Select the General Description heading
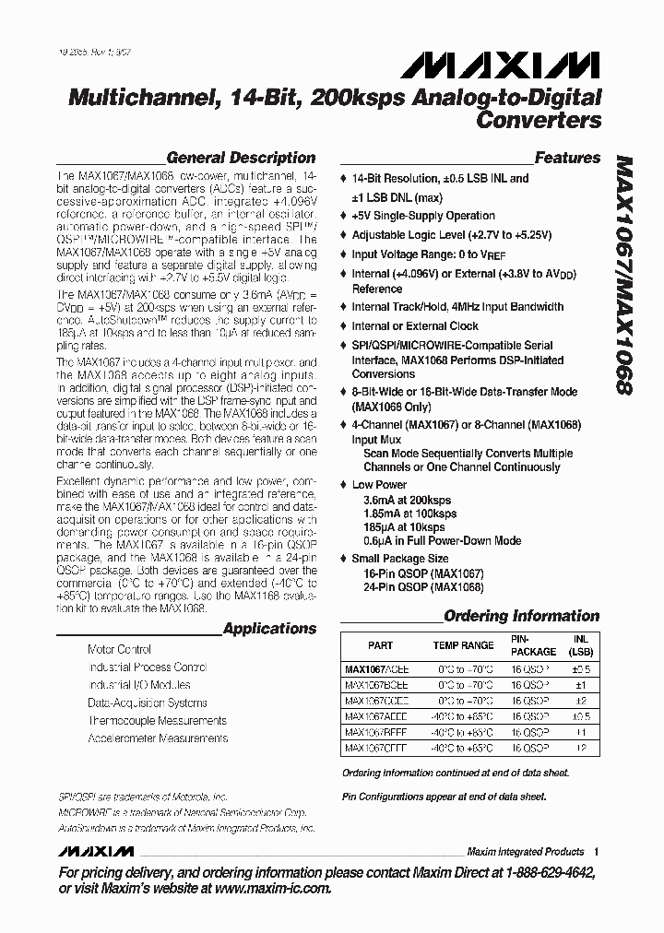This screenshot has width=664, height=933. coord(240,158)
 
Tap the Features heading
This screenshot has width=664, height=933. coord(567,158)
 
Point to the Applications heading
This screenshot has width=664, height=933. coord(269,629)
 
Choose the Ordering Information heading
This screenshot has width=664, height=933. coord(521,616)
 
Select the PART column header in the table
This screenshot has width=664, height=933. coord(380,645)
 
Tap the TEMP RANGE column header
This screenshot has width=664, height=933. coord(464,645)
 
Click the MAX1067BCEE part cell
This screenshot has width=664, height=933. coord(376,684)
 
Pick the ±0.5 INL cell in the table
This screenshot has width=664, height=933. coord(579,668)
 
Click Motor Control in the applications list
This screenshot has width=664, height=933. coord(119,650)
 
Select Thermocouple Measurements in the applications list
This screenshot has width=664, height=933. coord(157,720)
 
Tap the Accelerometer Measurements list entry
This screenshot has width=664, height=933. coord(158,738)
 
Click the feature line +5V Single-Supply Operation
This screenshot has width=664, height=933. coord(423,216)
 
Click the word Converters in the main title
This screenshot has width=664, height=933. coord(539,120)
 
